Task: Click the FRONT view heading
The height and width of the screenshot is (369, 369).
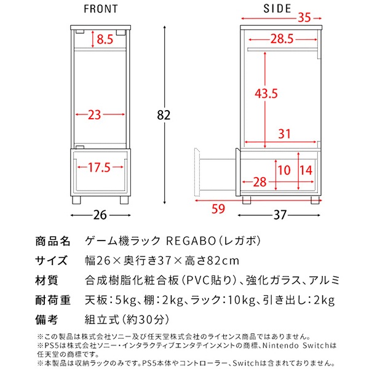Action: click(x=101, y=10)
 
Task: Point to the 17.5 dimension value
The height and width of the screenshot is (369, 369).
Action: click(x=98, y=167)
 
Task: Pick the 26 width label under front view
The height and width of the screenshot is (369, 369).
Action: click(x=100, y=215)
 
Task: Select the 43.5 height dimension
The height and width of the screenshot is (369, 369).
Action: click(x=266, y=93)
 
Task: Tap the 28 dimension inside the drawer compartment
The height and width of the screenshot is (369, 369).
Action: click(x=261, y=183)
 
